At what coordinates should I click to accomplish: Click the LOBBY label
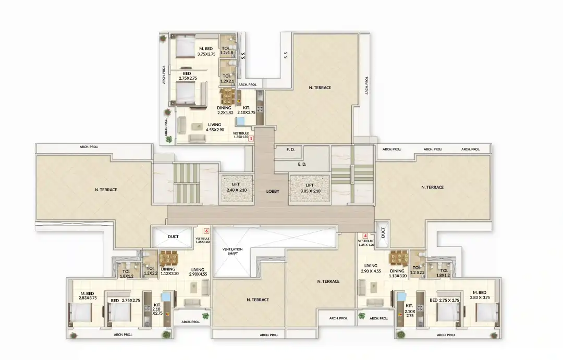[273, 191]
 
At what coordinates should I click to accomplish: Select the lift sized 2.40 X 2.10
[236, 188]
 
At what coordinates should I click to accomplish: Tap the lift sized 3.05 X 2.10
[309, 188]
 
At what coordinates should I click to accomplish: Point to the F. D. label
[290, 150]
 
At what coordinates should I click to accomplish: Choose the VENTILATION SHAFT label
[232, 251]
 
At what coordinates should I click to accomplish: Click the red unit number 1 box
[251, 139]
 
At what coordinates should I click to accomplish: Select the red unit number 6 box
[206, 230]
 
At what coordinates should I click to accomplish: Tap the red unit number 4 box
[365, 235]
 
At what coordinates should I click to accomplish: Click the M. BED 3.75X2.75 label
[207, 51]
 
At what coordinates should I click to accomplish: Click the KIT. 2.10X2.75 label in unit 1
[247, 110]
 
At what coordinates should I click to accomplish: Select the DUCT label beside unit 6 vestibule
[173, 237]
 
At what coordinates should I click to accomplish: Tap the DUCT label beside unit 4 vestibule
[384, 232]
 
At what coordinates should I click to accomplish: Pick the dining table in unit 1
[227, 96]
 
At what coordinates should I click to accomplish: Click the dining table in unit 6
[168, 258]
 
